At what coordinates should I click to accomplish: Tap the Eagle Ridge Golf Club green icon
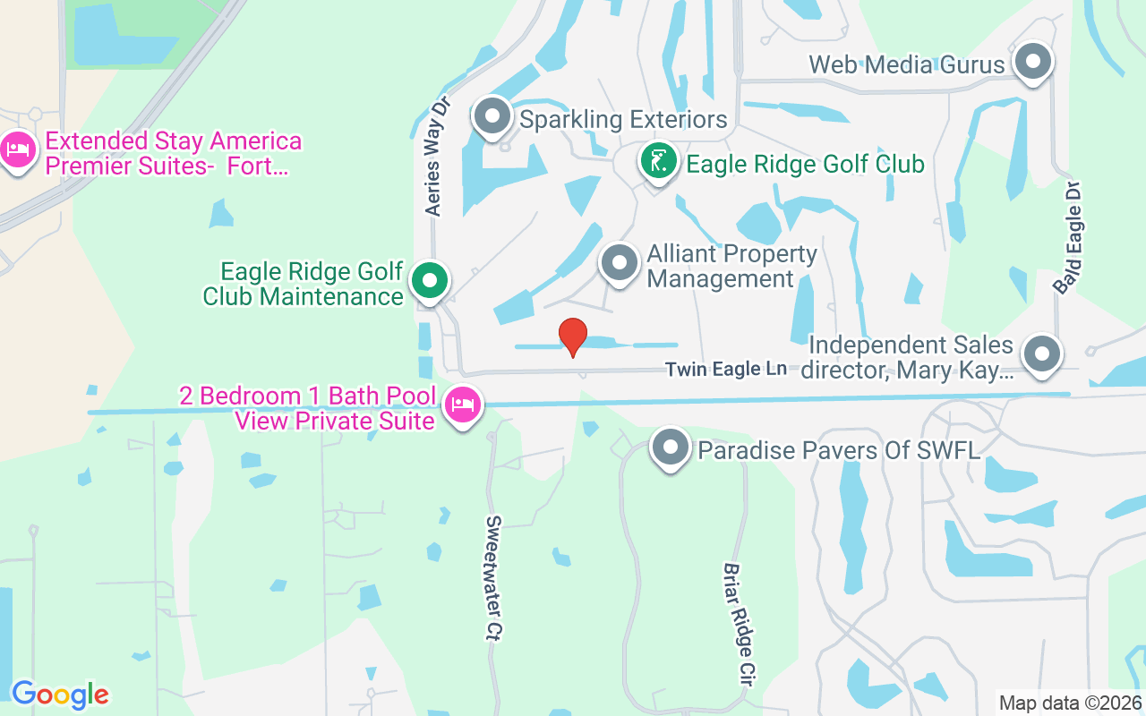659,162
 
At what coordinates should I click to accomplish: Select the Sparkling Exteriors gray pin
492,116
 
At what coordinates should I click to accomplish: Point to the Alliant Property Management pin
619,263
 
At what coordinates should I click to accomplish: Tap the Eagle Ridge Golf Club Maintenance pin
431,280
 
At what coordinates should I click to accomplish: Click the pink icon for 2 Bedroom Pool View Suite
463,405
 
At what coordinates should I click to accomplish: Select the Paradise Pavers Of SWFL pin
671,447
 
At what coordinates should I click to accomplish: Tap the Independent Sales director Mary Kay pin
1041,354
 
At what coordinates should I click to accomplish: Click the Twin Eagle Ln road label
726,369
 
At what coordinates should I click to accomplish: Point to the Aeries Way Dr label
436,156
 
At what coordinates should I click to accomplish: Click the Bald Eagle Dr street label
1069,238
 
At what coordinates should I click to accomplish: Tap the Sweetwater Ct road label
495,577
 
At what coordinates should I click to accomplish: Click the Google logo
60,695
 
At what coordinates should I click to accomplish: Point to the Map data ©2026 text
1070,703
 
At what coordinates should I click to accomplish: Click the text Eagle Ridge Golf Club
805,164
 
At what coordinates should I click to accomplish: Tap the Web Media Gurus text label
907,64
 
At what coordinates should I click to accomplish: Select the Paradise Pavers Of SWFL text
839,449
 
